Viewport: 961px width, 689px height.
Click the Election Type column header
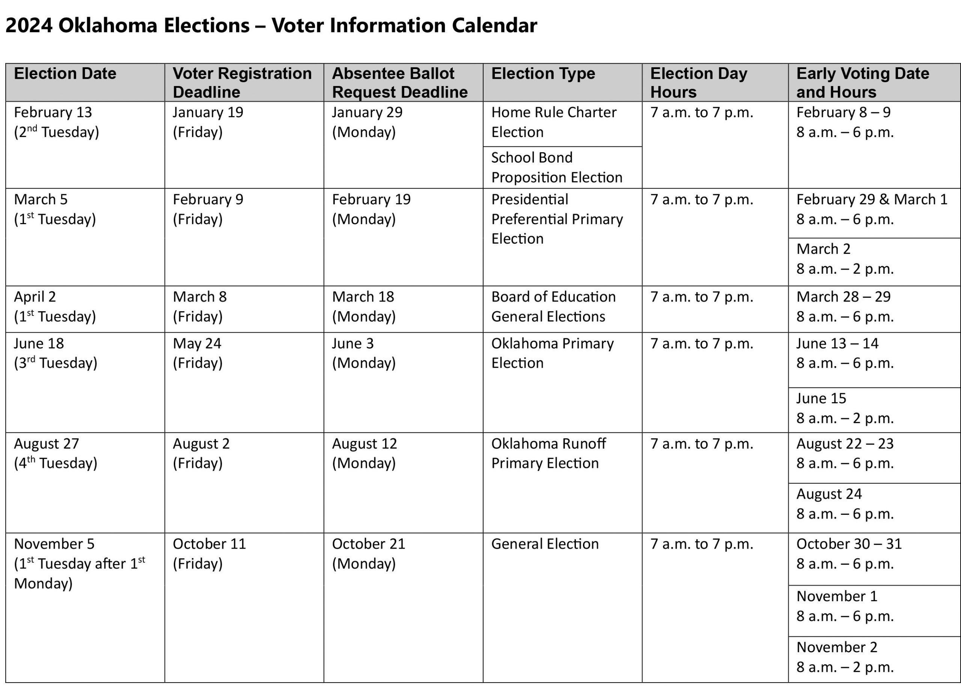[543, 74]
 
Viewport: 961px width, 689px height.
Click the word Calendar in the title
[494, 26]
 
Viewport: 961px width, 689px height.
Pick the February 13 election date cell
[56, 122]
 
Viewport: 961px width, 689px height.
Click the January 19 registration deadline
[208, 122]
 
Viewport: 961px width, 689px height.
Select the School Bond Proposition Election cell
[556, 167]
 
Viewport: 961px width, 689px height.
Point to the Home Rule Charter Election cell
[553, 122]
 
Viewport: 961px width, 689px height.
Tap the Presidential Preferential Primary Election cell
[557, 219]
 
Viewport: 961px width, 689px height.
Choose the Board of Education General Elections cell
[553, 307]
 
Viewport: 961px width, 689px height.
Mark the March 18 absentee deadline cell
[363, 307]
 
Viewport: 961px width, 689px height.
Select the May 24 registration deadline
[197, 353]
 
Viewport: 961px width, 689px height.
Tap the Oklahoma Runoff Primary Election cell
[548, 454]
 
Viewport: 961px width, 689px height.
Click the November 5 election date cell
[79, 564]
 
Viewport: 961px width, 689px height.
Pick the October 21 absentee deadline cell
[368, 553]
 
